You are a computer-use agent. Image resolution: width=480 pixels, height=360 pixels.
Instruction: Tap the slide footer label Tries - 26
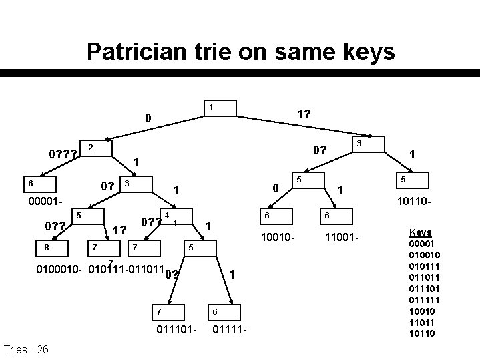[x=25, y=349]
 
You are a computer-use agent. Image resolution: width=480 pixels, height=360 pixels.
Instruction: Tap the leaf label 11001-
[x=343, y=237]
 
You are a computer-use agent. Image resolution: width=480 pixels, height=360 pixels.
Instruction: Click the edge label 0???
[x=63, y=155]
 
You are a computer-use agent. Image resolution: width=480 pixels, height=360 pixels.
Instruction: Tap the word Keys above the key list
[x=420, y=232]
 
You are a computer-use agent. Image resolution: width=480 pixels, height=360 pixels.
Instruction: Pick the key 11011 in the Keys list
[x=421, y=321]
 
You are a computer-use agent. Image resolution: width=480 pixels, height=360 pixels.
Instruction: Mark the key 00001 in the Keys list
[x=421, y=244]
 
